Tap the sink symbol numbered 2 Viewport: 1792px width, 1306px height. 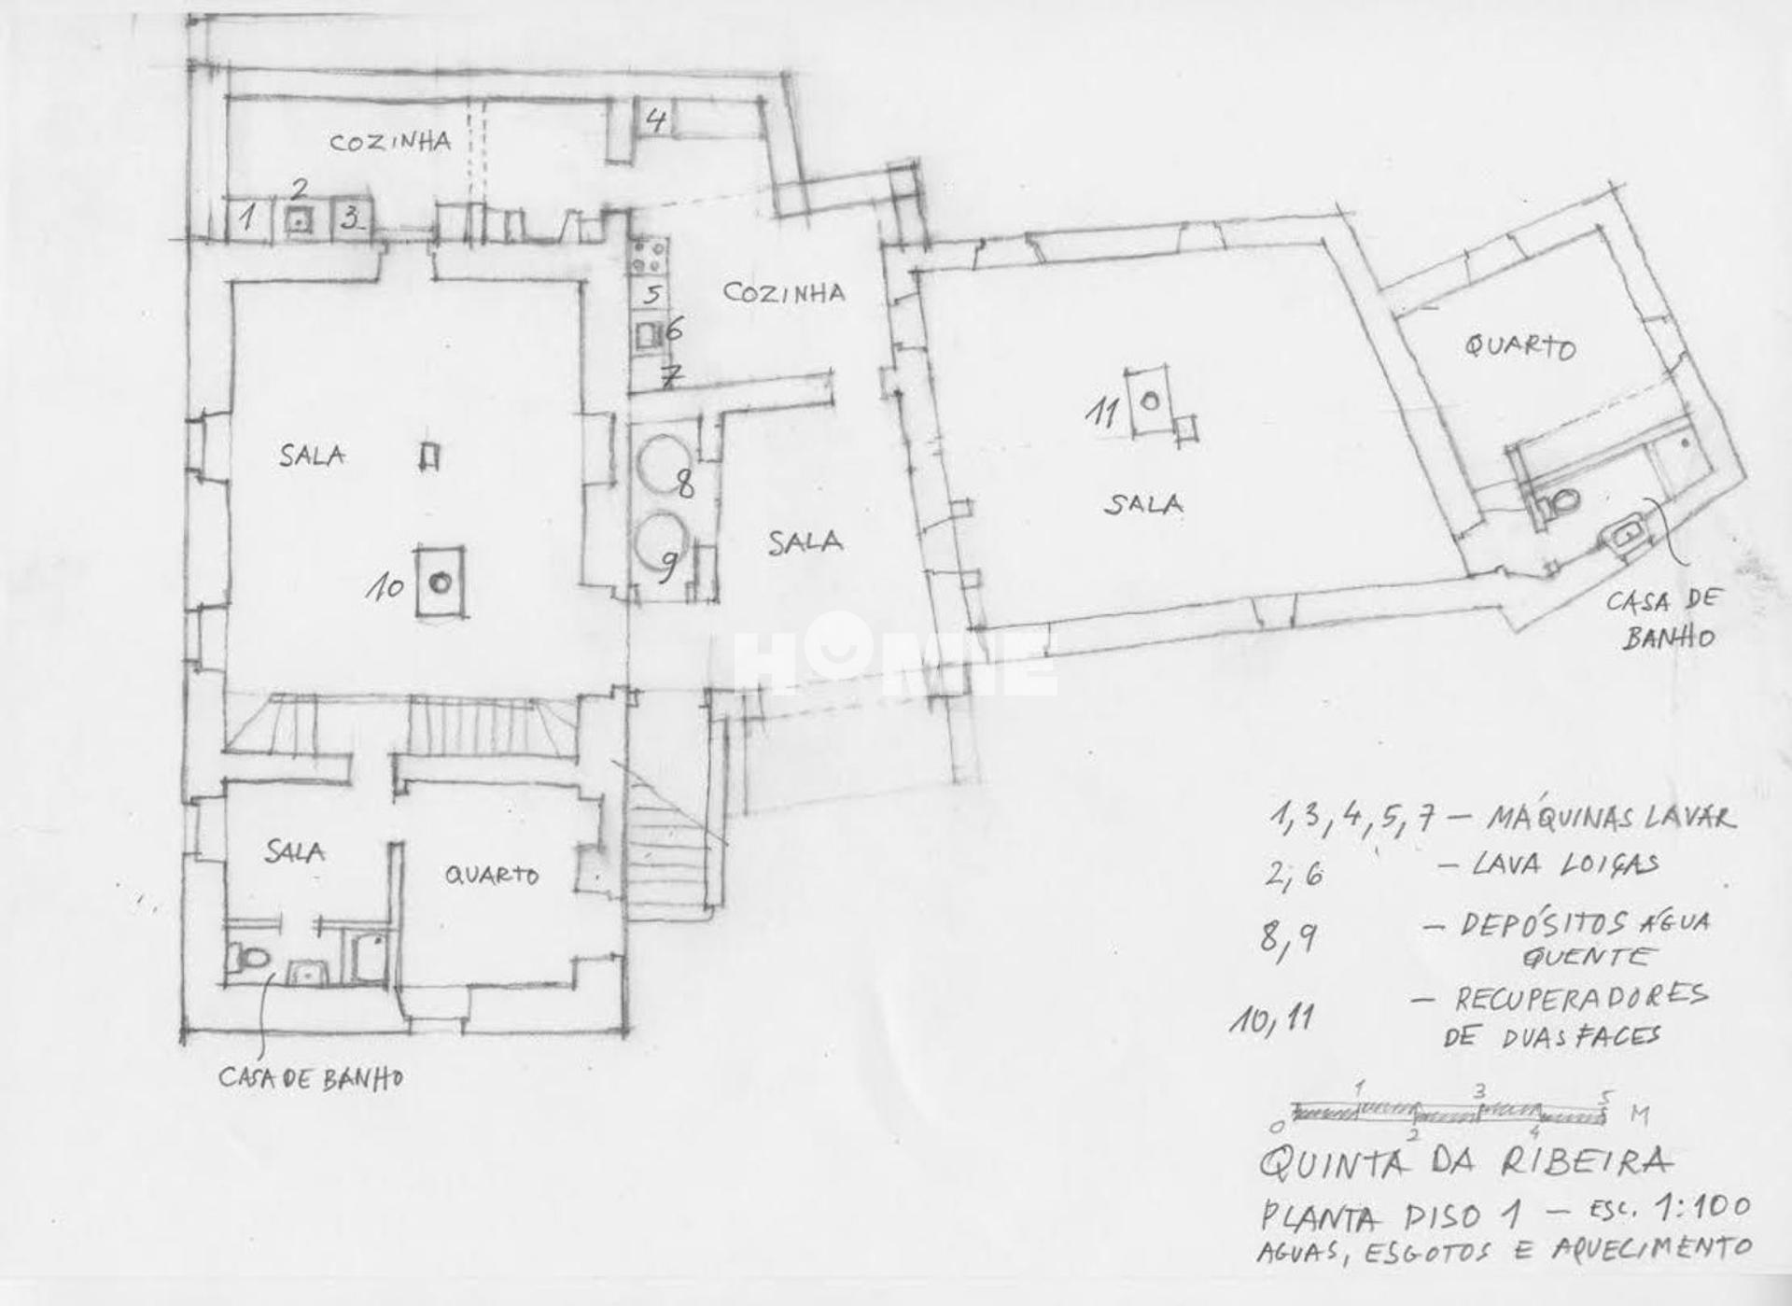[x=299, y=220]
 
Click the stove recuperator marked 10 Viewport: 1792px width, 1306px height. [x=440, y=582]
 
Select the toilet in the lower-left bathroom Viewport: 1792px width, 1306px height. [x=250, y=957]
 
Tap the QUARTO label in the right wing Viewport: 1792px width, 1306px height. [x=1519, y=346]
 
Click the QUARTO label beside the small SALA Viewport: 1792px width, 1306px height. [x=491, y=875]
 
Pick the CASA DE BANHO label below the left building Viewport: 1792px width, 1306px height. [x=311, y=1078]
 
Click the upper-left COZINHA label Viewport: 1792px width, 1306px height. [x=390, y=142]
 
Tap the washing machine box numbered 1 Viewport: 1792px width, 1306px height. [x=247, y=219]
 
